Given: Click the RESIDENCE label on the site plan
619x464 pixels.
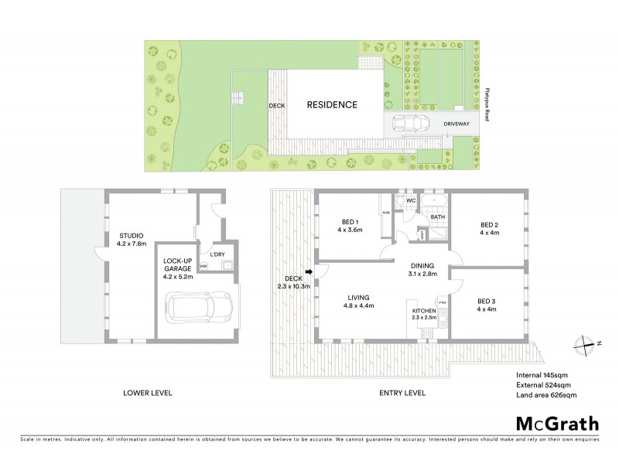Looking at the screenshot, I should click(x=332, y=105).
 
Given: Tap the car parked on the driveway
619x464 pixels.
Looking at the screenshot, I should click(x=410, y=124).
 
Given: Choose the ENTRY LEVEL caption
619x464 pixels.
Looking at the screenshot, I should click(x=402, y=393).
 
